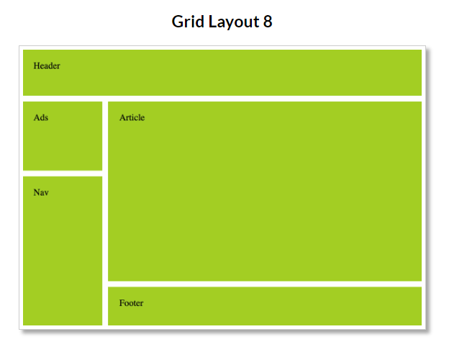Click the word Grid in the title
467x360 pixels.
pos(188,22)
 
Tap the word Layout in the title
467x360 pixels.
pos(234,22)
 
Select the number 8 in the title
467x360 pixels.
pos(268,22)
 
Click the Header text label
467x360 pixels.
pos(47,66)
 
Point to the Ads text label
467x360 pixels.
pos(41,117)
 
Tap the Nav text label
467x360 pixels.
pos(41,192)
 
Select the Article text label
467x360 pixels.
pos(132,117)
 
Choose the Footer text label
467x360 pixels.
pos(132,303)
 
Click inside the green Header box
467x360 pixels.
pos(222,73)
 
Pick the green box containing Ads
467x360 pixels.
pos(63,136)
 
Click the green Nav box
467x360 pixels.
pos(63,251)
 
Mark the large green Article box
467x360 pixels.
pos(265,192)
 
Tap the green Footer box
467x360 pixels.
pos(265,306)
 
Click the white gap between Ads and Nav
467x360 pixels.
pos(63,174)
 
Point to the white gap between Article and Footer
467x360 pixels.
pos(265,284)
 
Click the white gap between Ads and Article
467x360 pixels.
pos(105,136)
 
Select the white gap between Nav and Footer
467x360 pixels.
pos(105,306)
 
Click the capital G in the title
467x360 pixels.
pos(178,22)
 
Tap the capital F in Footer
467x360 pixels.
pos(122,303)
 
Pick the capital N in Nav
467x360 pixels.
pos(37,192)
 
